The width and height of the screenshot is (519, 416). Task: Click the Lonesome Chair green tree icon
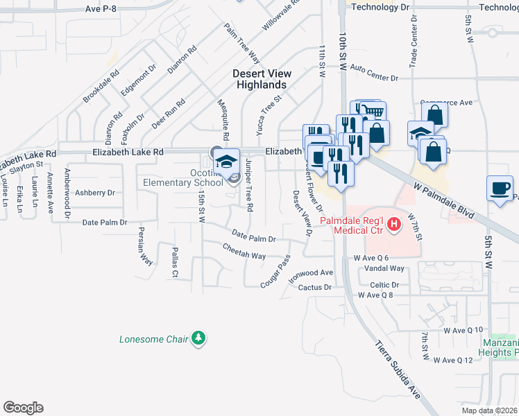pyautogui.click(x=199, y=338)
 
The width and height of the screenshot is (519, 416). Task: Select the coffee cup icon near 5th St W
pyautogui.click(x=500, y=189)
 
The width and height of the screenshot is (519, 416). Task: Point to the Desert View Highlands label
pyautogui.click(x=259, y=78)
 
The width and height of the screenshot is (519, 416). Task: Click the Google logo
pyautogui.click(x=23, y=408)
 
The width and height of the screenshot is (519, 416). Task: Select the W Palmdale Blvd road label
pyautogui.click(x=445, y=201)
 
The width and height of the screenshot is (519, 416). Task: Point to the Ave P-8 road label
pyautogui.click(x=103, y=8)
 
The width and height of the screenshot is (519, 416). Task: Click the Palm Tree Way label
pyautogui.click(x=241, y=44)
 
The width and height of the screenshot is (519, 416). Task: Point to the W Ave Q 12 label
pyautogui.click(x=452, y=360)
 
